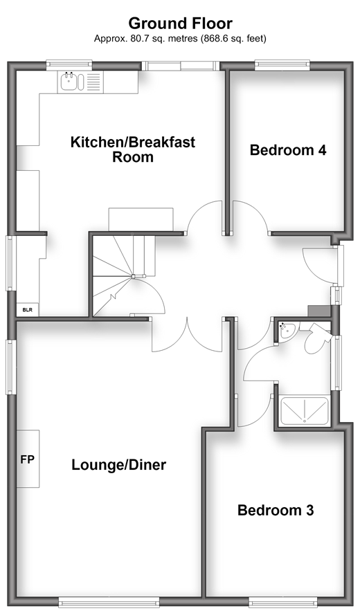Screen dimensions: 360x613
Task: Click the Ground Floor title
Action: (x=181, y=24)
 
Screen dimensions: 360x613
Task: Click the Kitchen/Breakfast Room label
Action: (x=133, y=149)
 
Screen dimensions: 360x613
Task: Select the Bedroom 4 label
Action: (x=288, y=150)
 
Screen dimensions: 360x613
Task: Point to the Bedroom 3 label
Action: (x=276, y=510)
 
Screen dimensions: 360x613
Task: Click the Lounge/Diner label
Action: (x=119, y=465)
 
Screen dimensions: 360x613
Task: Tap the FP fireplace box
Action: (x=28, y=459)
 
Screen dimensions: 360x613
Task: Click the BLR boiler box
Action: (x=28, y=310)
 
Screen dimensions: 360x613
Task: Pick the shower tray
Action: (x=304, y=411)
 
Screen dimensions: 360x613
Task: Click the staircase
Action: (x=124, y=275)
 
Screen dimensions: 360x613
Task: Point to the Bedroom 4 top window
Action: (x=282, y=65)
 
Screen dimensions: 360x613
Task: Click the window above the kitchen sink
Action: (x=69, y=65)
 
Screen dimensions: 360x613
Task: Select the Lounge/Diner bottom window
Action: (x=109, y=602)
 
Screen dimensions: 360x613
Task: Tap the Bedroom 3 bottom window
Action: (x=283, y=602)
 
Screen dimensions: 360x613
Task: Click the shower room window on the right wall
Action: (x=336, y=363)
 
